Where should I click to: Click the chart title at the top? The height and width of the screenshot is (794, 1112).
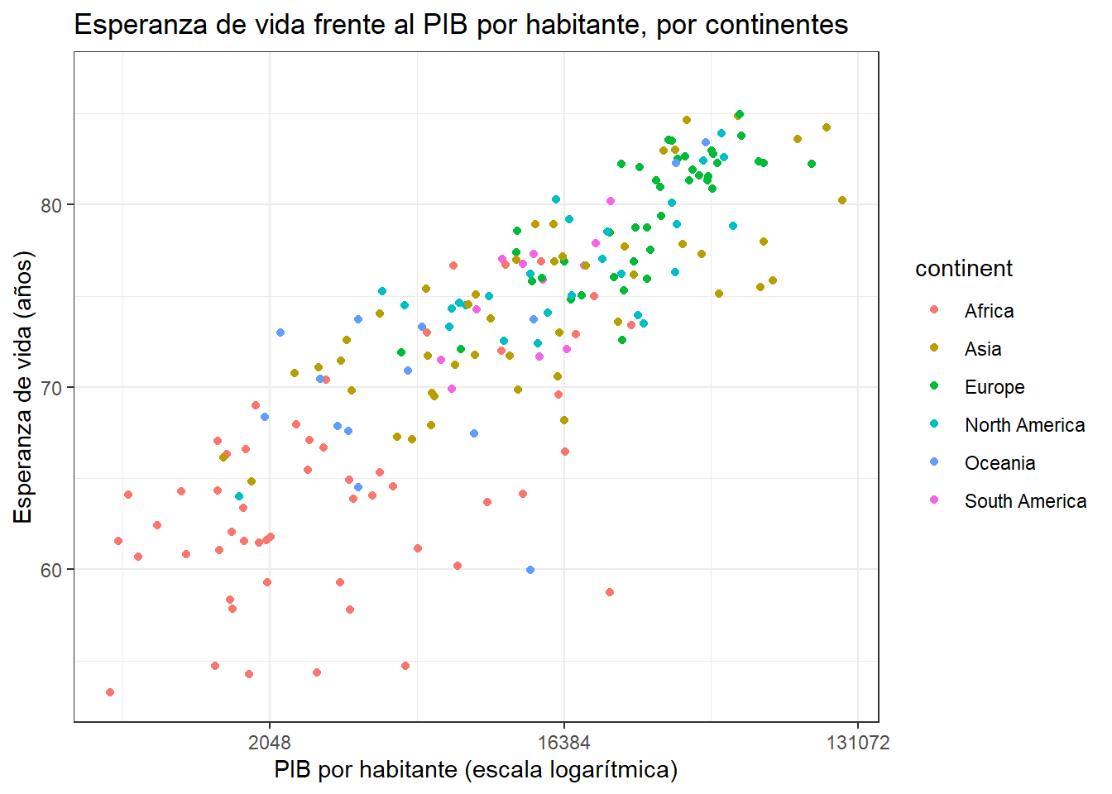click(x=461, y=25)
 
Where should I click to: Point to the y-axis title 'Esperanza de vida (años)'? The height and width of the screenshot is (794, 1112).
click(x=23, y=388)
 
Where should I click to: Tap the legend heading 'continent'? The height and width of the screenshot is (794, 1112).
click(x=964, y=269)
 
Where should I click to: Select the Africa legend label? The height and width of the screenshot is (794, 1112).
click(x=989, y=311)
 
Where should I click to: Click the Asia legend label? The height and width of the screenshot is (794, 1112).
click(x=983, y=349)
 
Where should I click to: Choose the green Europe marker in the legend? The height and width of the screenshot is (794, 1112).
click(x=934, y=385)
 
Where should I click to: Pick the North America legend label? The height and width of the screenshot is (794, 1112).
click(x=1024, y=425)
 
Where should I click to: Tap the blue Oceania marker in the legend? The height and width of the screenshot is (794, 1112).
click(x=934, y=462)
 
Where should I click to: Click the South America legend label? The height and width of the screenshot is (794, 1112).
click(x=1026, y=501)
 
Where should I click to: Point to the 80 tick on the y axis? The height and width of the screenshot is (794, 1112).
click(x=50, y=205)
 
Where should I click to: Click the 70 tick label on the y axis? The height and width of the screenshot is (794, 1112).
click(x=50, y=388)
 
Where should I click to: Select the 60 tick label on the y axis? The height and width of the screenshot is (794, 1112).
click(x=50, y=570)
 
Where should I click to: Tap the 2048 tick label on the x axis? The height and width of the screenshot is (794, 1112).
click(x=270, y=743)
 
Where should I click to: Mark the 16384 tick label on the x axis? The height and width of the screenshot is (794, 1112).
click(x=564, y=743)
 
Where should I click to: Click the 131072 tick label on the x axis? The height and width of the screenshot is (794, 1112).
click(x=858, y=743)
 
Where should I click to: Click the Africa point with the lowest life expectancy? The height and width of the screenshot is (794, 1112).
click(x=110, y=692)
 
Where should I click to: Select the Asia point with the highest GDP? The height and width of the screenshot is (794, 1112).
click(x=842, y=200)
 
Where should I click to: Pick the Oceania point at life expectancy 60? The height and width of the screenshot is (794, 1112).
click(x=530, y=570)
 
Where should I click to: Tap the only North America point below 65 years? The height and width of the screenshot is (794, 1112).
click(x=239, y=496)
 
